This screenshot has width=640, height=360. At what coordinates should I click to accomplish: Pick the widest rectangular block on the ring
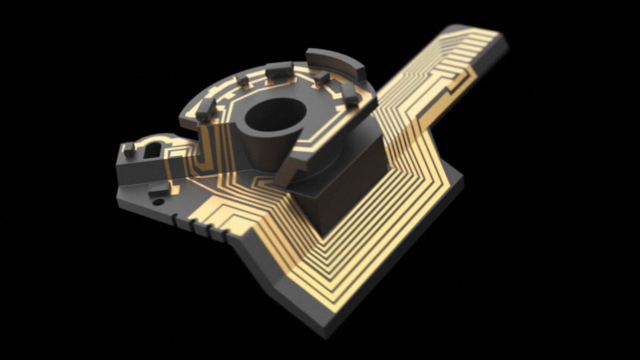click(278, 69)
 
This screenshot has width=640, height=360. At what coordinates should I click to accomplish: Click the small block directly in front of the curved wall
click(321, 78)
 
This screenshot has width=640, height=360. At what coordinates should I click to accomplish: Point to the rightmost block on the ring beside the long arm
click(351, 95)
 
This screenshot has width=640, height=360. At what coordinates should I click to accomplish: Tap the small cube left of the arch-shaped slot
click(129, 149)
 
